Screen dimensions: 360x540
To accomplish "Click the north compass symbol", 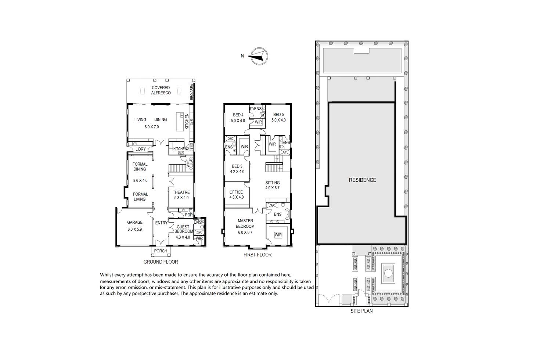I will coord(259,56).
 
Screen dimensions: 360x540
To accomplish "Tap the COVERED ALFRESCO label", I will coord(161,90).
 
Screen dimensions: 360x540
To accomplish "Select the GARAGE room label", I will coord(135,222).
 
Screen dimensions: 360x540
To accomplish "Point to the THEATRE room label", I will coord(181,192).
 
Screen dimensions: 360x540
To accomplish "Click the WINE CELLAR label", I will coord(190,163).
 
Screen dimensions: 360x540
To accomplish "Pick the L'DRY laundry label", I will coord(141,149).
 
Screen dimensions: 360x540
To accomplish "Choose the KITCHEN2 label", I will coord(181,149).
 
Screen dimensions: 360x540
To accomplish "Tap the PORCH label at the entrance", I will coord(161,251).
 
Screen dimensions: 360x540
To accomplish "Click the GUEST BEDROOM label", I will coord(183,229).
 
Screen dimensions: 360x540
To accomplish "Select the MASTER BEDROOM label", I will coord(245,223).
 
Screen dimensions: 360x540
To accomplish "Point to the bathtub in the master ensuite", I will coord(287,215).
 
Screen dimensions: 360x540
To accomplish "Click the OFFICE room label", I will coord(236,192).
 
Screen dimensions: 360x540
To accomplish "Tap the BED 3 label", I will coord(237,166).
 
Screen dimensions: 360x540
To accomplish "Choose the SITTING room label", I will coord(273,183).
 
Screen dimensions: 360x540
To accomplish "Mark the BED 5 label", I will coord(278,115).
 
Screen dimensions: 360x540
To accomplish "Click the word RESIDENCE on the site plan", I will coord(362,180).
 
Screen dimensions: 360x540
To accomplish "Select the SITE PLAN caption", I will coord(362,311).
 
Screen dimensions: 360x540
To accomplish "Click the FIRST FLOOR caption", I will coord(258,255).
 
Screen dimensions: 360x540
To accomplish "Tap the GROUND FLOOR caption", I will coord(161,262).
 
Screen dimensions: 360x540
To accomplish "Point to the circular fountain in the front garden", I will coord(388,273).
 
